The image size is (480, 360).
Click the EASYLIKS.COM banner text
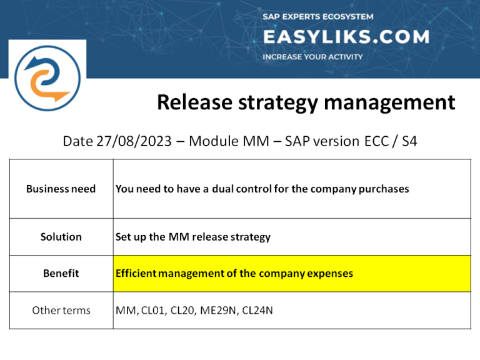[346, 37]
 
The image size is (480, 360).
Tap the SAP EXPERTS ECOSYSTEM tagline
[317, 17]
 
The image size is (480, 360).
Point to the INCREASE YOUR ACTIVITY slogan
[312, 57]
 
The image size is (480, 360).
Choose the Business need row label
[61, 189]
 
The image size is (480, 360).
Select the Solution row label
[61, 237]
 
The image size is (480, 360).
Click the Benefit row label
[61, 274]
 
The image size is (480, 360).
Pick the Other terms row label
[61, 310]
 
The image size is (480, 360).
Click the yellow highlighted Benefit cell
[291, 274]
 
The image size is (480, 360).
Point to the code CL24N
[257, 310]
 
